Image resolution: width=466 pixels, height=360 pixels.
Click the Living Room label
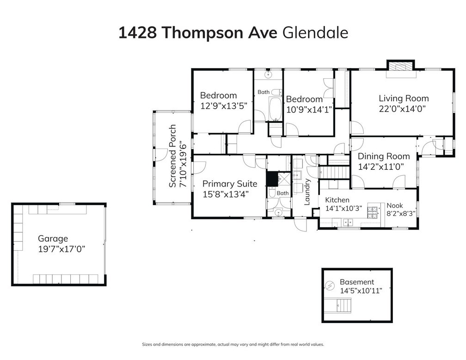[404, 99]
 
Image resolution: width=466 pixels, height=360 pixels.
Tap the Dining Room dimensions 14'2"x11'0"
[381, 167]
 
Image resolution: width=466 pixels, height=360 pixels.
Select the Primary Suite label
[230, 184]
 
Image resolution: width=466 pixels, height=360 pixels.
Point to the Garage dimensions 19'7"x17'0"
[61, 249]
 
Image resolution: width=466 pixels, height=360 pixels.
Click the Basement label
[357, 282]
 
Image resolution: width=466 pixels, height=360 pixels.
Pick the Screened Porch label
[172, 156]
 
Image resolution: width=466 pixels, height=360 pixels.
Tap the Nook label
[395, 205]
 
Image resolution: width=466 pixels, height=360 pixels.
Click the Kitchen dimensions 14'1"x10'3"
[343, 208]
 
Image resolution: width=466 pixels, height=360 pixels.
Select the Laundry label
[307, 192]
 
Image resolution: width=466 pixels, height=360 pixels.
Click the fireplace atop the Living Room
[400, 67]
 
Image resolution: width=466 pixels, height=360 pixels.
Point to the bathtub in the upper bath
[276, 109]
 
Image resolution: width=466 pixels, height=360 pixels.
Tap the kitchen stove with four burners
[373, 211]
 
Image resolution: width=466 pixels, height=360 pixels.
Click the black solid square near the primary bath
[272, 179]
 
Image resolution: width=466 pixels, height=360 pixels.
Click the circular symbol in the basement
[329, 286]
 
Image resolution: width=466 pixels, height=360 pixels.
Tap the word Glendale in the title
[315, 33]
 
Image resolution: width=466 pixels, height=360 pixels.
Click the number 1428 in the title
[138, 33]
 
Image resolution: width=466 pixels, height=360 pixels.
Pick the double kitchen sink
[348, 222]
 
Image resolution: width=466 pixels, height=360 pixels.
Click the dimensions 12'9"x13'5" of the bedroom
[224, 106]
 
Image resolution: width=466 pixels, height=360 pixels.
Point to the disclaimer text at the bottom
[233, 345]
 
